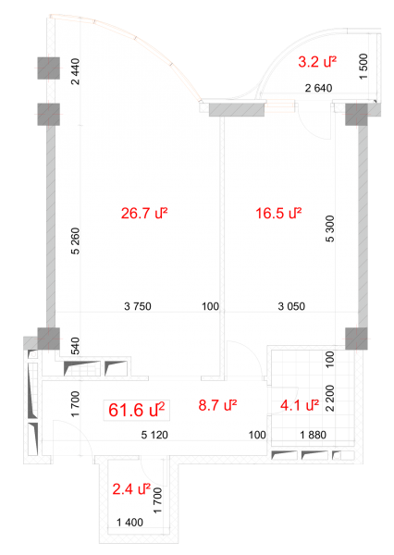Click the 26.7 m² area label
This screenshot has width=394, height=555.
pyautogui.click(x=144, y=214)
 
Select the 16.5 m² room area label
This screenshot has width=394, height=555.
pyautogui.click(x=278, y=214)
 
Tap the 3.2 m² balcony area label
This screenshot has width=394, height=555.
pyautogui.click(x=317, y=62)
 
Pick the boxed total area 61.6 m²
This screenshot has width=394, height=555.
pyautogui.click(x=137, y=410)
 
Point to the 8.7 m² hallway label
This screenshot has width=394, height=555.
pyautogui.click(x=217, y=405)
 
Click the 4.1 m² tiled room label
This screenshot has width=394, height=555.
pyautogui.click(x=300, y=405)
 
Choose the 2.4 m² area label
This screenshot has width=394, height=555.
pyautogui.click(x=131, y=489)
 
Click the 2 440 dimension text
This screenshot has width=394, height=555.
pyautogui.click(x=76, y=71)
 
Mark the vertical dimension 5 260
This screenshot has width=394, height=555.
pyautogui.click(x=76, y=241)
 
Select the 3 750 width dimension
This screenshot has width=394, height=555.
pyautogui.click(x=138, y=306)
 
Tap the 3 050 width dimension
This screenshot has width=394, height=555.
pyautogui.click(x=291, y=306)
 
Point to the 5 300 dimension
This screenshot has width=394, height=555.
pyautogui.click(x=329, y=228)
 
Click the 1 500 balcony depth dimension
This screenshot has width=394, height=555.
pyautogui.click(x=363, y=67)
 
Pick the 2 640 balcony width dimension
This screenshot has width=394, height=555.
pyautogui.click(x=318, y=88)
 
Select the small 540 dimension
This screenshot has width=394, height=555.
pyautogui.click(x=76, y=346)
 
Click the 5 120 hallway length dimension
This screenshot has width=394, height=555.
pyautogui.click(x=154, y=435)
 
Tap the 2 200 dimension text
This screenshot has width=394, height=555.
pyautogui.click(x=329, y=398)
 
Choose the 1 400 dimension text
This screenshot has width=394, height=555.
pyautogui.click(x=129, y=522)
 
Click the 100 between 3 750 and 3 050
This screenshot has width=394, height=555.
pyautogui.click(x=210, y=306)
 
